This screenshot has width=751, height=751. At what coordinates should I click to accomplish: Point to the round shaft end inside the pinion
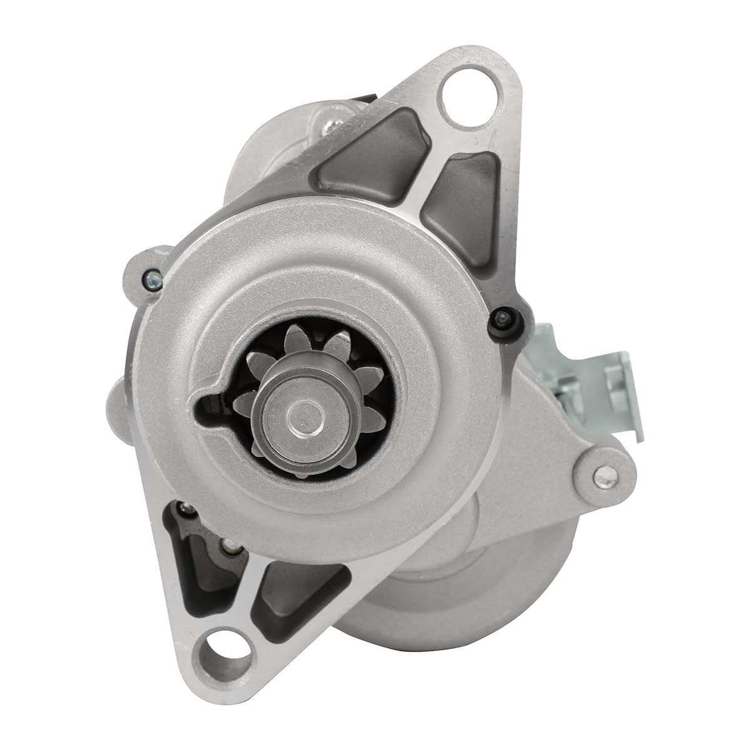[x=302, y=415]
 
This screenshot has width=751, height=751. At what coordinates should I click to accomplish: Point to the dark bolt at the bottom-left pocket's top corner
[x=183, y=508]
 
